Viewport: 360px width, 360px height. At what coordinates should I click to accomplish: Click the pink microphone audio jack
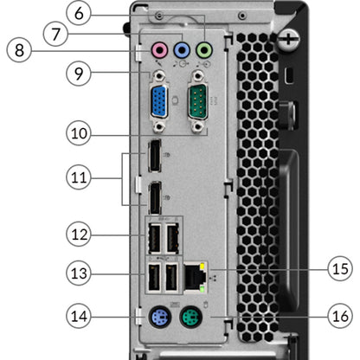[159, 50]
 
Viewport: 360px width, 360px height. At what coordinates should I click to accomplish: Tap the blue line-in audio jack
[182, 50]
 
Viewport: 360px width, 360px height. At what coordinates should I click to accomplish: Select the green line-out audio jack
[204, 50]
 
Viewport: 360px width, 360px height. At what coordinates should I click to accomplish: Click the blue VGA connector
[159, 101]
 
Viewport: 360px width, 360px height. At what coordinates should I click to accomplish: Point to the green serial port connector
[197, 101]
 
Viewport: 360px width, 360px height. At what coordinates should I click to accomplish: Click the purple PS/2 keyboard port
[160, 317]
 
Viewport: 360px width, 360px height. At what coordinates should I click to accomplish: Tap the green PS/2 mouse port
[191, 317]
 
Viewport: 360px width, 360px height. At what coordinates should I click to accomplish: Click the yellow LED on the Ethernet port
[203, 266]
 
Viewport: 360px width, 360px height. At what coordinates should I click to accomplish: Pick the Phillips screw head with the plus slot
[288, 39]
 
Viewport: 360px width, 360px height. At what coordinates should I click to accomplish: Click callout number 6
[79, 13]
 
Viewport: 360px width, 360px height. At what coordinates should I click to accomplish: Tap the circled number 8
[19, 50]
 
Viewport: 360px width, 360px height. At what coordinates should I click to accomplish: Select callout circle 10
[79, 133]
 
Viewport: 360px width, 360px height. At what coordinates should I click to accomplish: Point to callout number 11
[79, 177]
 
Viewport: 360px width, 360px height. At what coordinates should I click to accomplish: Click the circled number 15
[340, 269]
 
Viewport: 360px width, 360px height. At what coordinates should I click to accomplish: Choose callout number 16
[340, 316]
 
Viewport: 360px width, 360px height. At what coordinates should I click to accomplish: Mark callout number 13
[79, 273]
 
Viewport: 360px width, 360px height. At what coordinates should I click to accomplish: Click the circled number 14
[79, 316]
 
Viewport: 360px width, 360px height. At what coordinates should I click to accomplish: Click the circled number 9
[79, 74]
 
